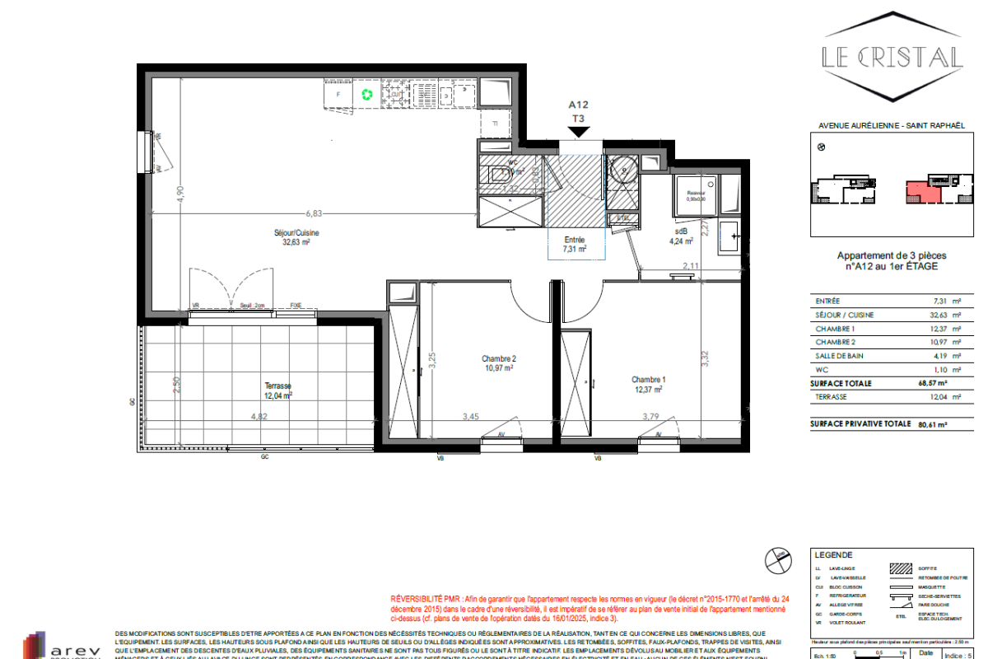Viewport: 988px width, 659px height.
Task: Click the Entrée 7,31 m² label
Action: (x=574, y=244)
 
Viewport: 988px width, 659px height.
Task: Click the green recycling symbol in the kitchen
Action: (x=367, y=95)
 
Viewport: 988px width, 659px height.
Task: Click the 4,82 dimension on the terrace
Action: (x=259, y=416)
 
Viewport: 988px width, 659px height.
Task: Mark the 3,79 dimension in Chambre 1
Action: (x=651, y=417)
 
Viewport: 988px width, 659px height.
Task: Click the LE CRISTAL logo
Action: (x=892, y=56)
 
